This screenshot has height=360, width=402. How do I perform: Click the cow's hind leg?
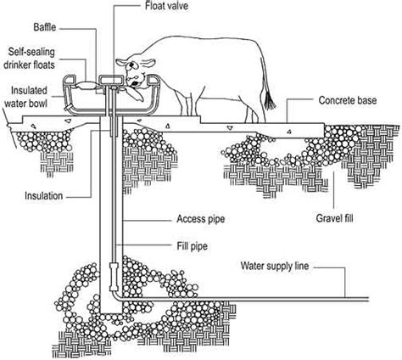click(251, 109)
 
